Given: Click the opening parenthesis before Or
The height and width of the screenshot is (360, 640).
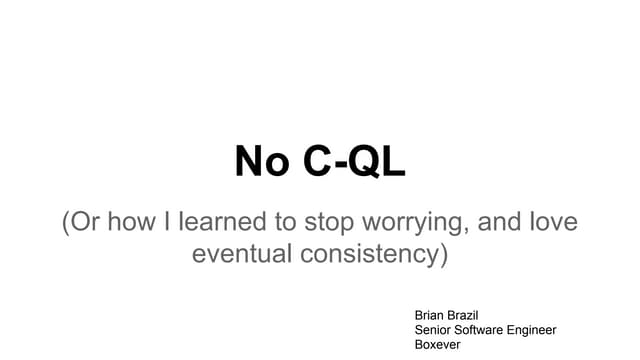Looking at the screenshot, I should click(65, 222).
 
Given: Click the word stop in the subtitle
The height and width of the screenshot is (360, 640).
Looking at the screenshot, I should click(330, 222).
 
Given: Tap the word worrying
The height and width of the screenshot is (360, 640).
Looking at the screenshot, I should click(414, 223).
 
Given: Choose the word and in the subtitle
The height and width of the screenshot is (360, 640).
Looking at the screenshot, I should click(501, 221).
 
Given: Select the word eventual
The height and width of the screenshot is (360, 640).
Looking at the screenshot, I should click(236, 254).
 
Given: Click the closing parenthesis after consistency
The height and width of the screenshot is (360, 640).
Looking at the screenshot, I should click(442, 254).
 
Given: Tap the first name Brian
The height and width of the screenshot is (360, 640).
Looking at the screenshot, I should click(431, 314).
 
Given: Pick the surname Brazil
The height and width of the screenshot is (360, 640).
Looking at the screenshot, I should click(472, 314).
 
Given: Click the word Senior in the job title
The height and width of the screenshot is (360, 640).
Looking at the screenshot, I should click(435, 329).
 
